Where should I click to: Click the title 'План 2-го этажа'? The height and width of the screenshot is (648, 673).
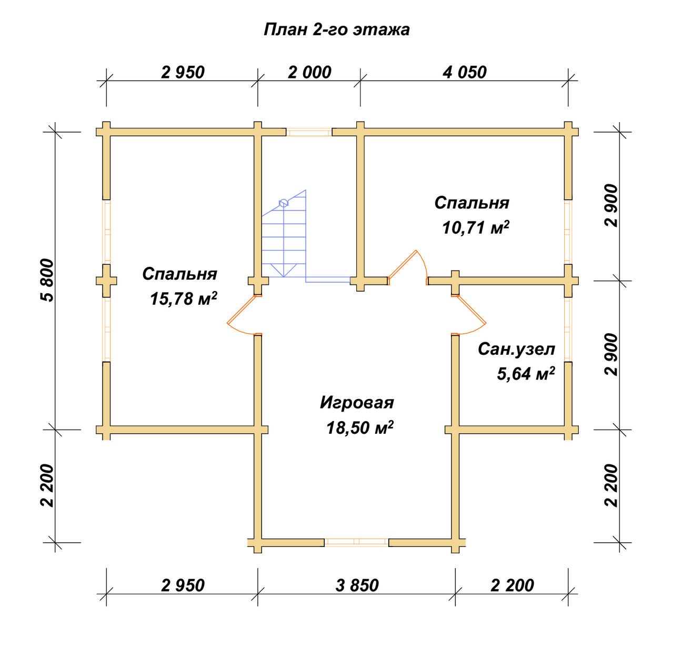336,30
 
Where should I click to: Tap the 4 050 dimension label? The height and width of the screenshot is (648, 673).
465,72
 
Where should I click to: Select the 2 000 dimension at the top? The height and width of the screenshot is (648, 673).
309,72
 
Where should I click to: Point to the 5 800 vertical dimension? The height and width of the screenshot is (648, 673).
48,280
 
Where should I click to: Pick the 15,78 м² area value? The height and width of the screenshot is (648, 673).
183,298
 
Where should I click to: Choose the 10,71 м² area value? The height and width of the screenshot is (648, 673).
476,227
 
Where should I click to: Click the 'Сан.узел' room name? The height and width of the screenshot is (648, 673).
516,350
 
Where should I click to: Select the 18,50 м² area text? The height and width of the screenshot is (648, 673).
360,428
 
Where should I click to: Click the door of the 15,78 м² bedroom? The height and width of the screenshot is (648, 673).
243,315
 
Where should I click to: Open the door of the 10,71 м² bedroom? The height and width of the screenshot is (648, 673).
408,267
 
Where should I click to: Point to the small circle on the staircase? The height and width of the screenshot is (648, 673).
283,203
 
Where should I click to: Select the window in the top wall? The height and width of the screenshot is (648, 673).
309,132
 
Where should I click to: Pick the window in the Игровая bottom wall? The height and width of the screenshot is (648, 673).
357,542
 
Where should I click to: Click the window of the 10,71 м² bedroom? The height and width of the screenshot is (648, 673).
568,232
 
